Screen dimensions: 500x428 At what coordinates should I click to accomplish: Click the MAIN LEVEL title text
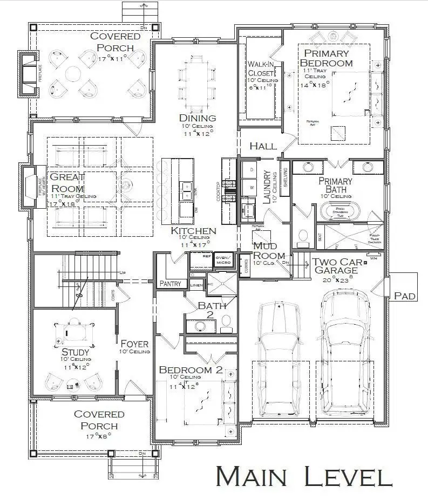[x=304, y=477]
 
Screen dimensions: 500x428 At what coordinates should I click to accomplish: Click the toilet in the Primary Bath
[x=303, y=236]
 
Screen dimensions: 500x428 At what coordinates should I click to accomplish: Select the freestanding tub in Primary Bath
[x=340, y=210]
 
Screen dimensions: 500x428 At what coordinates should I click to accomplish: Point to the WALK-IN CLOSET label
[x=261, y=69]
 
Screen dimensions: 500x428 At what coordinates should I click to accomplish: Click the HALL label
[x=263, y=146]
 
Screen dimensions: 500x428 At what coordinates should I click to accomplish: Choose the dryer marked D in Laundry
[x=250, y=169]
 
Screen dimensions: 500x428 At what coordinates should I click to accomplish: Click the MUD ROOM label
[x=265, y=251]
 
